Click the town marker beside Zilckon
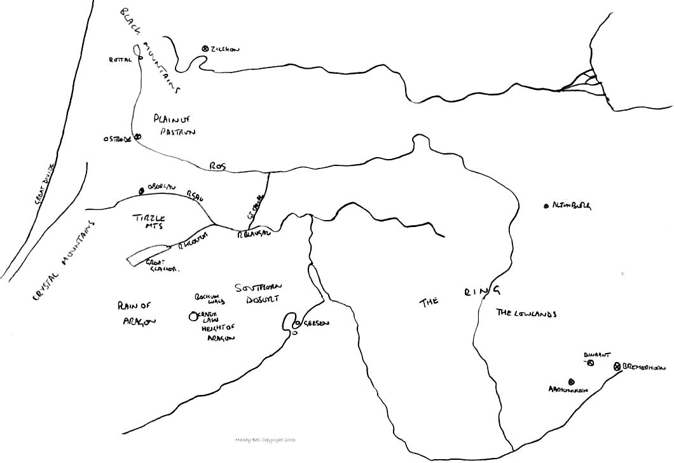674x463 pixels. (205, 48)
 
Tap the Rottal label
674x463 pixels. (120, 59)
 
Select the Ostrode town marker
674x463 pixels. (137, 135)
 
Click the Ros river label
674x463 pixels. (217, 166)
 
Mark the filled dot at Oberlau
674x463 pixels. (142, 190)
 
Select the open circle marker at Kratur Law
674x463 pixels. (193, 316)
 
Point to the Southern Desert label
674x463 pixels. (258, 293)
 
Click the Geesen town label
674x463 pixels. (315, 323)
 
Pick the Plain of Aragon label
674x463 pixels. (136, 313)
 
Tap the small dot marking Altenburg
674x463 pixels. (546, 206)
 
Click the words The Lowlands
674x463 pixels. (526, 313)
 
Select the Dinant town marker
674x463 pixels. (590, 363)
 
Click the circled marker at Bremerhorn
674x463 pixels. (617, 367)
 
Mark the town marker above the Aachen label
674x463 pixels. (570, 382)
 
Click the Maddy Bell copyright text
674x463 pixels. (265, 439)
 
